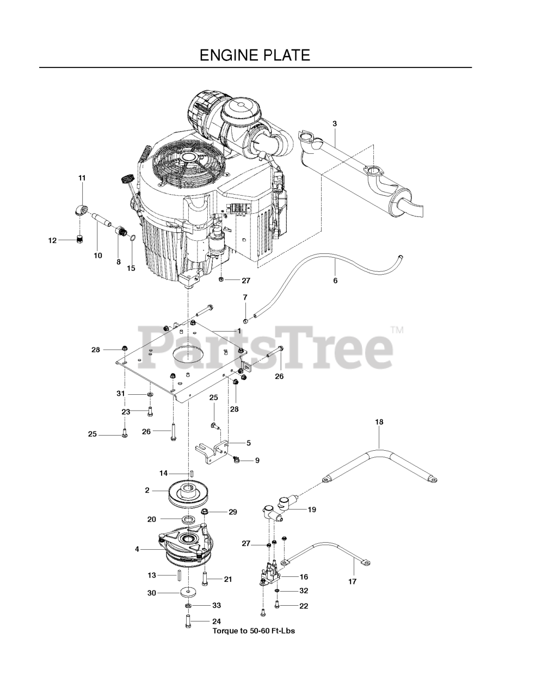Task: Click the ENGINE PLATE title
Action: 255,55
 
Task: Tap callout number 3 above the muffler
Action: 335,123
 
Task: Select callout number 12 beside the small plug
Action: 52,240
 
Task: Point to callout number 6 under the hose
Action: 335,281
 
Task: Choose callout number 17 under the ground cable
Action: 352,581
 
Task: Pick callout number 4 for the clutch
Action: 137,549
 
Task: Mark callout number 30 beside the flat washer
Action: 152,593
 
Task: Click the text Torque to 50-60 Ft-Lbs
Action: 254,631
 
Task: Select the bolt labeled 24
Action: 188,621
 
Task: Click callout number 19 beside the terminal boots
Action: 312,509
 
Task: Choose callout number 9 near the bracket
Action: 257,460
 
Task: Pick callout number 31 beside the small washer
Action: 120,393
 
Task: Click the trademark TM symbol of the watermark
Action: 397,330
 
